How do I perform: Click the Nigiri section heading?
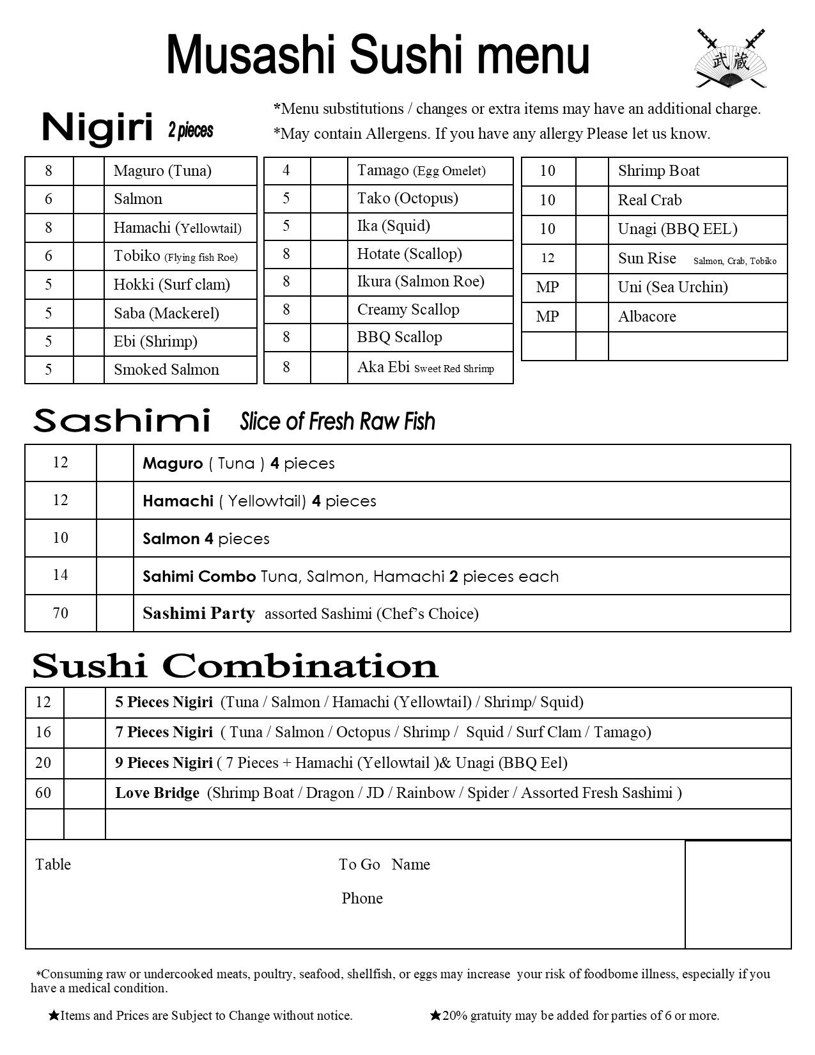(97, 128)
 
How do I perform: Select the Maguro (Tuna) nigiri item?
(162, 171)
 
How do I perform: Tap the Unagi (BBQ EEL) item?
(677, 229)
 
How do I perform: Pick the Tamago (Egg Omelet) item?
(421, 171)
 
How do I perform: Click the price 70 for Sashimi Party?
(60, 613)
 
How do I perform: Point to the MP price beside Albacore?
(548, 316)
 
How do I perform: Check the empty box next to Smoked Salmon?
(88, 370)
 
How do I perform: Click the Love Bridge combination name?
(157, 793)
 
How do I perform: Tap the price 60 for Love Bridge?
(43, 793)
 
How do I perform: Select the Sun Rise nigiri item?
(647, 258)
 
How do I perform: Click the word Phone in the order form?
(362, 898)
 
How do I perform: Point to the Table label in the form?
(53, 864)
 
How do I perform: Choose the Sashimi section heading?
(121, 421)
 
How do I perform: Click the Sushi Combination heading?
(235, 666)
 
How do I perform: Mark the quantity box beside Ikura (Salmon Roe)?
(329, 282)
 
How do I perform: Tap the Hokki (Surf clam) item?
(171, 285)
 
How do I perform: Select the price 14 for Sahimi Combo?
(60, 575)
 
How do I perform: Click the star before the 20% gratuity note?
(435, 1015)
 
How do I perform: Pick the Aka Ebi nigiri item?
(425, 367)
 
